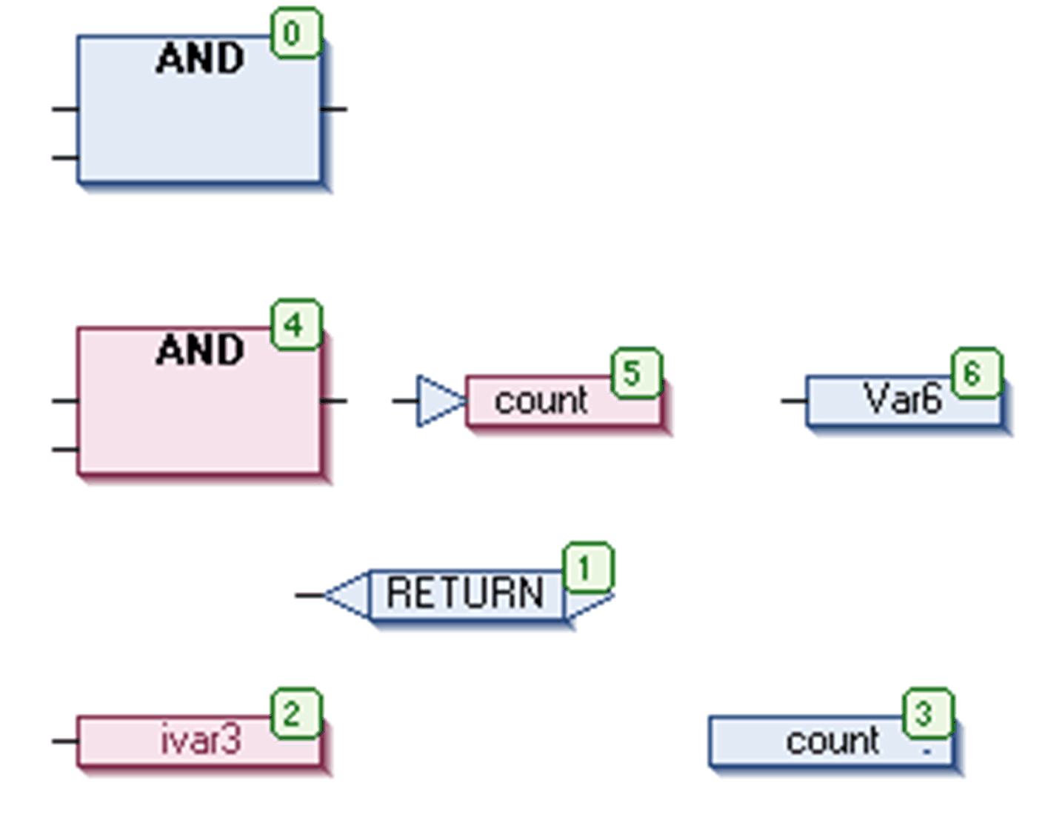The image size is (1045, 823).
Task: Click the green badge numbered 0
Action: (x=296, y=33)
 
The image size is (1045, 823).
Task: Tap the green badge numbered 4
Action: (x=296, y=324)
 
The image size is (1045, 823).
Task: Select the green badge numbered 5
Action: (x=635, y=373)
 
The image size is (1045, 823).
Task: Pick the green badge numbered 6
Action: (x=976, y=373)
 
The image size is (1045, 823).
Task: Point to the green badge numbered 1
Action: (x=588, y=568)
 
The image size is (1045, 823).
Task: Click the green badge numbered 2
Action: (x=296, y=713)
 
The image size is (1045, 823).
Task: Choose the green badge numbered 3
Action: (x=927, y=713)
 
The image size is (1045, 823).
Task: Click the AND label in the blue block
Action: (x=200, y=59)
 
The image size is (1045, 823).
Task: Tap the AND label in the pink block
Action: (x=200, y=350)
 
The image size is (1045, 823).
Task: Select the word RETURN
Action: (x=465, y=593)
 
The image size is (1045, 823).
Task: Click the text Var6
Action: (x=902, y=399)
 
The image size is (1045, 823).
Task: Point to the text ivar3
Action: (x=201, y=740)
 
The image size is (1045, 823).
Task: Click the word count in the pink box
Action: (x=541, y=401)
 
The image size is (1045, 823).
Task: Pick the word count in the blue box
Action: (x=832, y=741)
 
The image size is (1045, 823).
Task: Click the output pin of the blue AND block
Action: (x=335, y=109)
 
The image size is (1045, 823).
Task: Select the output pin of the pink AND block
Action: (x=335, y=401)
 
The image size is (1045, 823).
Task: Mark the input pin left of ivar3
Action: (x=64, y=740)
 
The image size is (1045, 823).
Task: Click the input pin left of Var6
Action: (x=793, y=401)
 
